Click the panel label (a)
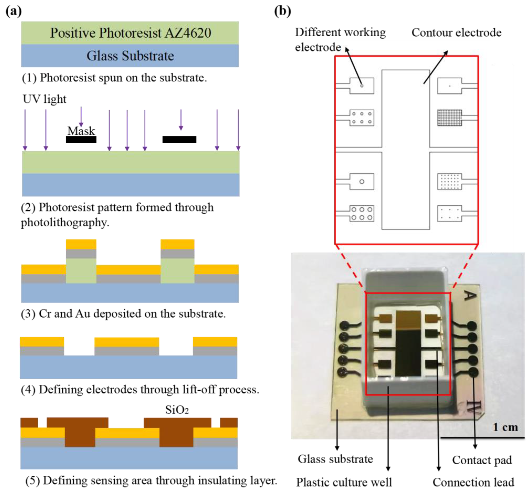coord(13,11)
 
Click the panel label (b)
coord(282,11)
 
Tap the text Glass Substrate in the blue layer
coord(130,56)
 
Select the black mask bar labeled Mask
coord(81,139)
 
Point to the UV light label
coord(44,99)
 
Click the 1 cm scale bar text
coord(505,427)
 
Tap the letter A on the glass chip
coord(469,295)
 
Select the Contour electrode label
coord(456,33)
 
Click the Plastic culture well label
coord(344,482)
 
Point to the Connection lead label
coord(473,482)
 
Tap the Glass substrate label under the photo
coord(335,459)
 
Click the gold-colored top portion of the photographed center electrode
coord(408,320)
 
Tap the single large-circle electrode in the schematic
coord(361,182)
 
